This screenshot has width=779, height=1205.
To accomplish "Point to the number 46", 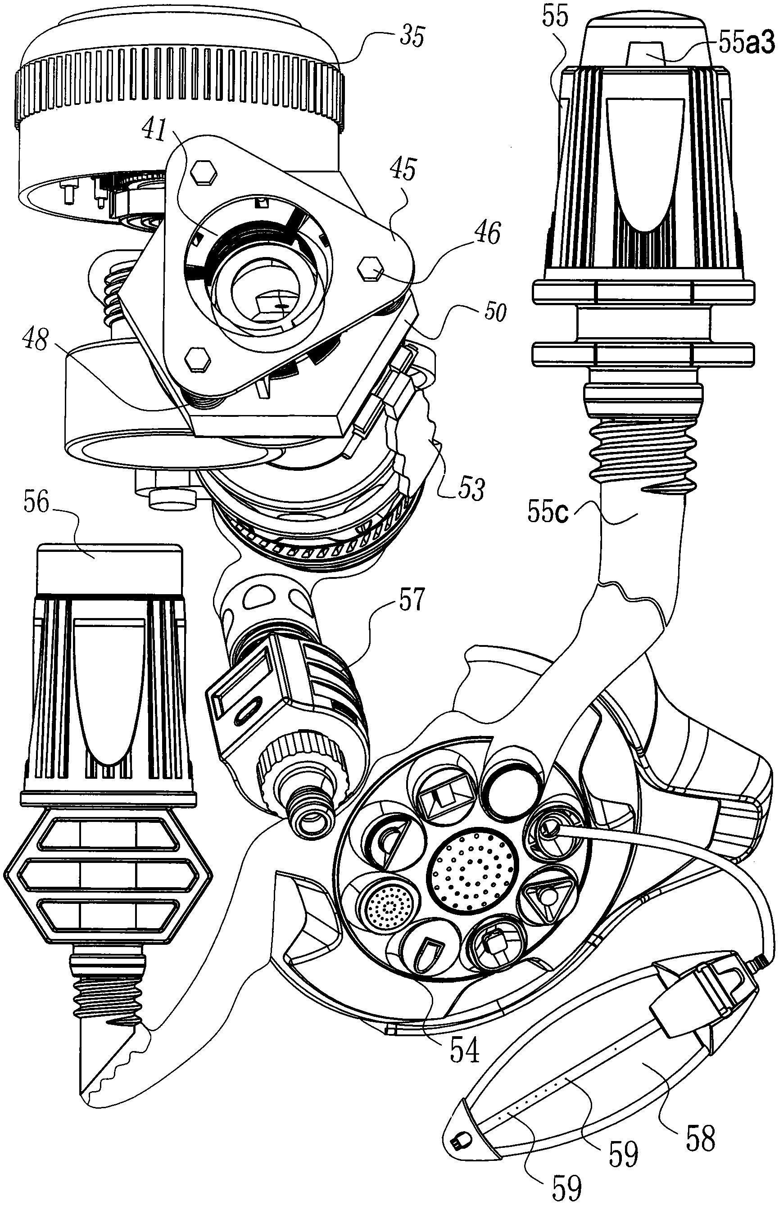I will pyautogui.click(x=487, y=233).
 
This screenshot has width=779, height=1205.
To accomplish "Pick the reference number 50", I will pyautogui.click(x=494, y=312).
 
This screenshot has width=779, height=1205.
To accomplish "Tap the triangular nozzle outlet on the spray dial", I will pyautogui.click(x=545, y=897).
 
